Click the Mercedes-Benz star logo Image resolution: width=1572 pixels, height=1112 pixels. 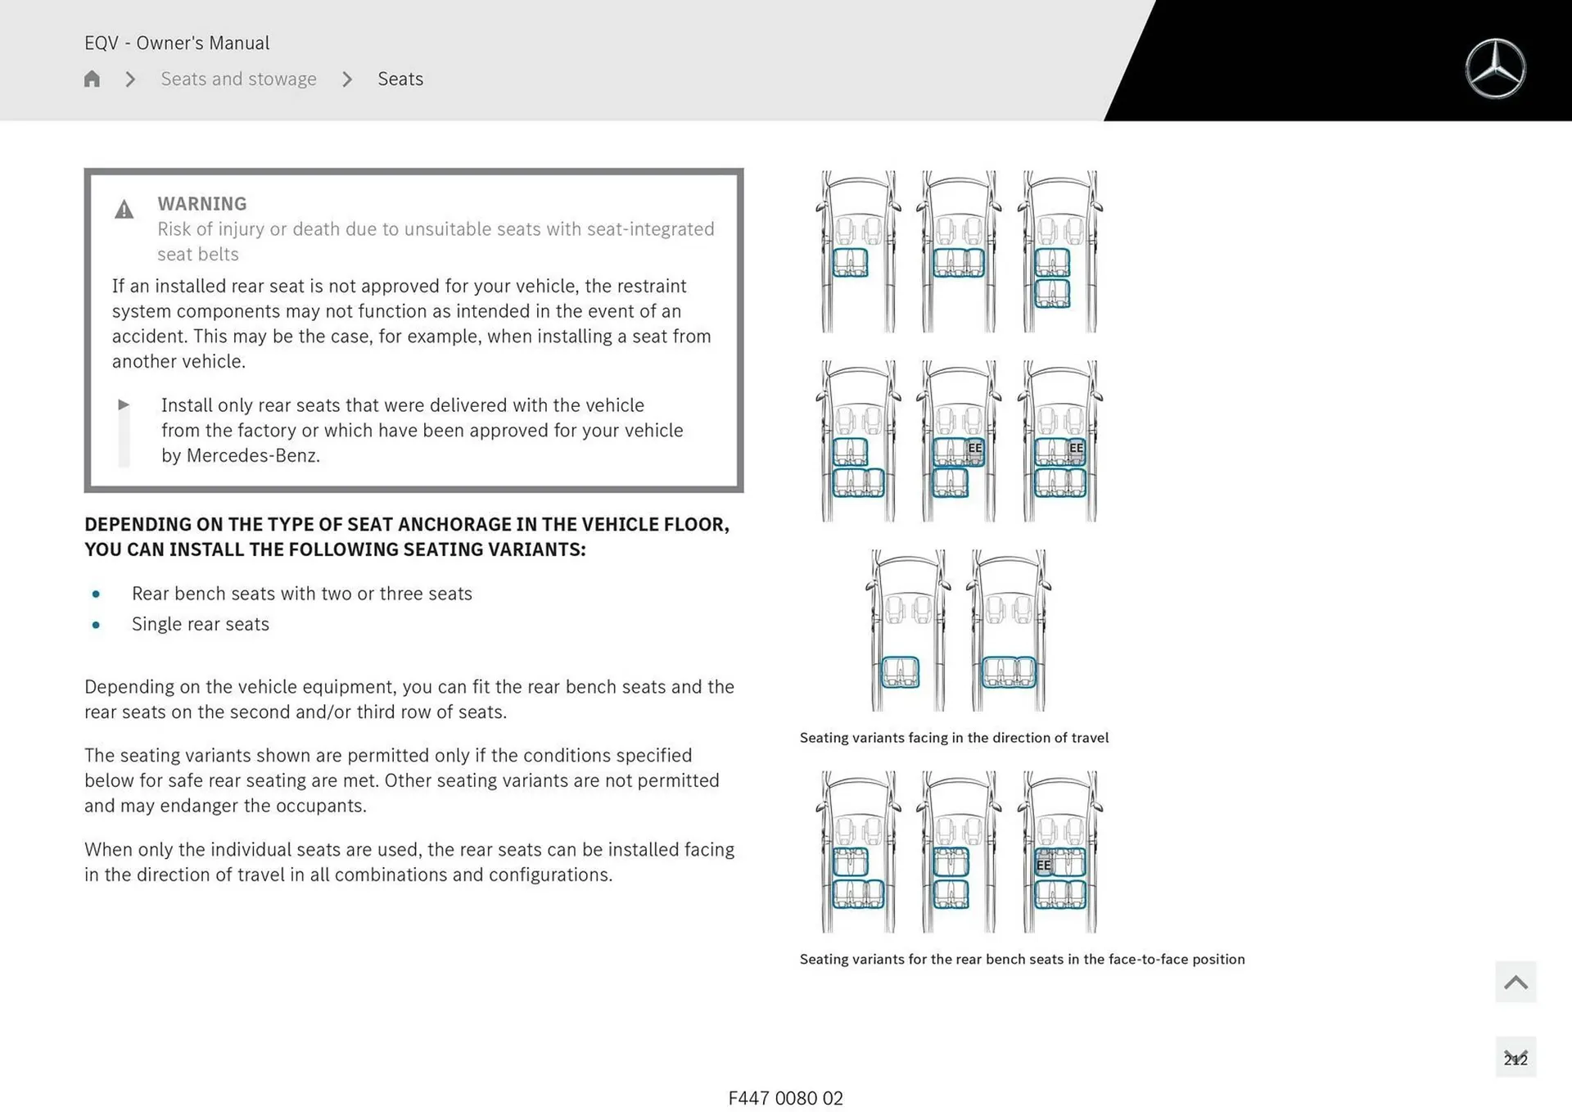(1495, 69)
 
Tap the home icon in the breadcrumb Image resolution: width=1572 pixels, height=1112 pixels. (92, 79)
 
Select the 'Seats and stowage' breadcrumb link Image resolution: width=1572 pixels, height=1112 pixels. (238, 79)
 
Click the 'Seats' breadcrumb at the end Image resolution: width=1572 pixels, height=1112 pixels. (400, 79)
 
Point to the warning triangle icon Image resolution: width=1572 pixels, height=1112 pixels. (124, 210)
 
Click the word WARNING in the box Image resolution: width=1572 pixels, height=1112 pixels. (201, 204)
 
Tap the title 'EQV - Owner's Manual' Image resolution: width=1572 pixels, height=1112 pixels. (177, 43)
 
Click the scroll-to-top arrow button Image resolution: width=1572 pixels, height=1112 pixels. (1515, 982)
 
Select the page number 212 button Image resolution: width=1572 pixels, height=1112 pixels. (1515, 1058)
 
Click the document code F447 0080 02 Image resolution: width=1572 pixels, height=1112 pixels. (785, 1098)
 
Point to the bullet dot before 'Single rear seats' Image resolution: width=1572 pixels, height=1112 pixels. (97, 625)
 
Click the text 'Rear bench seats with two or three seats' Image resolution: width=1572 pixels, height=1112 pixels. (301, 594)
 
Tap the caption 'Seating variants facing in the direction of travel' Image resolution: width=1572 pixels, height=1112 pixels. (954, 738)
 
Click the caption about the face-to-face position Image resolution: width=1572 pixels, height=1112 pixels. (1022, 959)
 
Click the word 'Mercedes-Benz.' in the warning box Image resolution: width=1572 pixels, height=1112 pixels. (253, 455)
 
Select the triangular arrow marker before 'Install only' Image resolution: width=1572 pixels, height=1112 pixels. (124, 405)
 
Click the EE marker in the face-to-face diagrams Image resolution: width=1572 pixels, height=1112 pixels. (1043, 865)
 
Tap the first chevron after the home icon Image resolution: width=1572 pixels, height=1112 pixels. (130, 79)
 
